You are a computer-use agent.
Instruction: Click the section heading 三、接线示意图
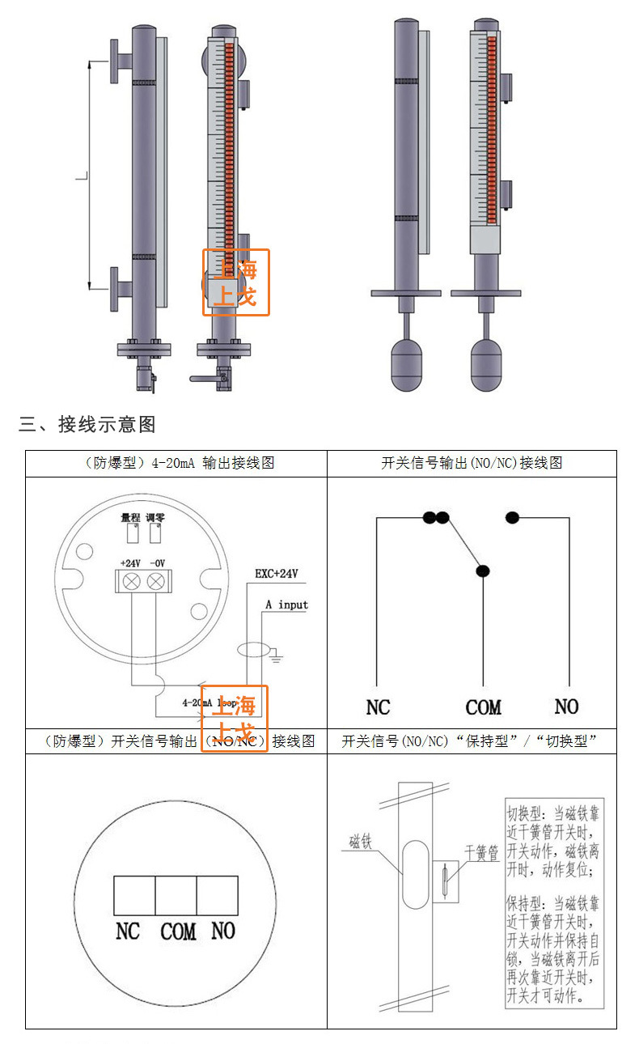pos(87,424)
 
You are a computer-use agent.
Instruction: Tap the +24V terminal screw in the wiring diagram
pos(131,580)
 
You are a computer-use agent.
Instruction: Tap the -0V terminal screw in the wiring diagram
pos(156,580)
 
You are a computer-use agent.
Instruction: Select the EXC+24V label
pos(277,574)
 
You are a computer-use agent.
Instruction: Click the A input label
pos(286,605)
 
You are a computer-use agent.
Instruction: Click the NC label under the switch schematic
pos(378,707)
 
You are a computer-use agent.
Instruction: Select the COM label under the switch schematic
pos(483,707)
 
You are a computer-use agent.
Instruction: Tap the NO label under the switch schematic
pos(566,707)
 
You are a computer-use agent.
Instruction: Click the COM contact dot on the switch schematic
pos(483,571)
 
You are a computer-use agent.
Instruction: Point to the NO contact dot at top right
pos(512,517)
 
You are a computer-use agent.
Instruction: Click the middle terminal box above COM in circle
pos(176,896)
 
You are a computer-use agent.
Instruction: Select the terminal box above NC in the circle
pos(134,896)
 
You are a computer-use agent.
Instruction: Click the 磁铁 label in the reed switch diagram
pos(360,842)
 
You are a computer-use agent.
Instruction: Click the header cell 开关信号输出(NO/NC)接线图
pos(472,464)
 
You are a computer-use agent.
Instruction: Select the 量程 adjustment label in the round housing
pos(130,516)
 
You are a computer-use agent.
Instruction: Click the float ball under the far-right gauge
pos(492,363)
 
